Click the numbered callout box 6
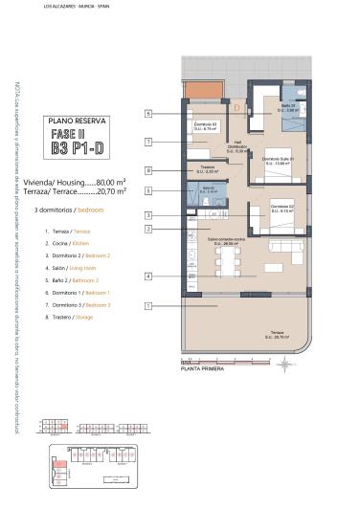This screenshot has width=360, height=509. [149, 114]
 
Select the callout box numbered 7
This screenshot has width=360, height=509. [149, 142]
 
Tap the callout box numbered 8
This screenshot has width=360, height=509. [149, 170]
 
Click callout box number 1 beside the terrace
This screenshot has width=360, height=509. [149, 305]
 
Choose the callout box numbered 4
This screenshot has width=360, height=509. [149, 277]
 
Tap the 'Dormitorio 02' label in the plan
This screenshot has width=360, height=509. [281, 210]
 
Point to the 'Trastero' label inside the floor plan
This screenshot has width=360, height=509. [207, 169]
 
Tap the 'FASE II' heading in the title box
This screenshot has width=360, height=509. [76, 134]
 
